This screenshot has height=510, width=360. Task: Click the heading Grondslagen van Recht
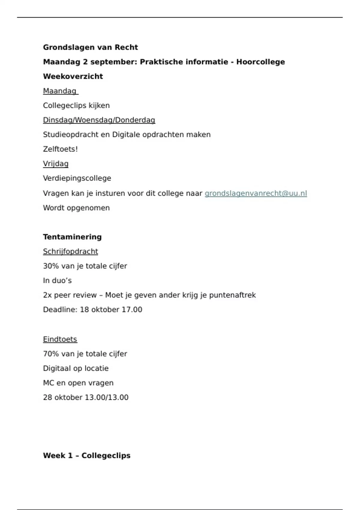click(x=90, y=47)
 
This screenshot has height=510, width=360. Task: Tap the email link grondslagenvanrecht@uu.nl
click(x=256, y=193)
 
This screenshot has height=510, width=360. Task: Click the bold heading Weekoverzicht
click(x=73, y=76)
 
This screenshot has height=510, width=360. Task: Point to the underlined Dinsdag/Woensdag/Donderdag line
click(x=99, y=120)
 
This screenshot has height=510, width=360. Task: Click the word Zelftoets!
click(x=60, y=149)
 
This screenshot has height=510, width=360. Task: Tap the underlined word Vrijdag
click(x=55, y=164)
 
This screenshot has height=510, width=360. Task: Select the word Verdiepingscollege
click(x=77, y=178)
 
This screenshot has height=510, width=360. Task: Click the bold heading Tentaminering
click(x=72, y=237)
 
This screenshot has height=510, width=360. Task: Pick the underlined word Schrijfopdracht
click(x=70, y=251)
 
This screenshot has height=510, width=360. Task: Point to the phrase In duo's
click(x=57, y=280)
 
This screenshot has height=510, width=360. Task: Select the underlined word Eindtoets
click(x=60, y=339)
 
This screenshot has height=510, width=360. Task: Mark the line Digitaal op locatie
click(x=76, y=368)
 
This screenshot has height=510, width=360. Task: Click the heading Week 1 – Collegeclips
click(x=87, y=456)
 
